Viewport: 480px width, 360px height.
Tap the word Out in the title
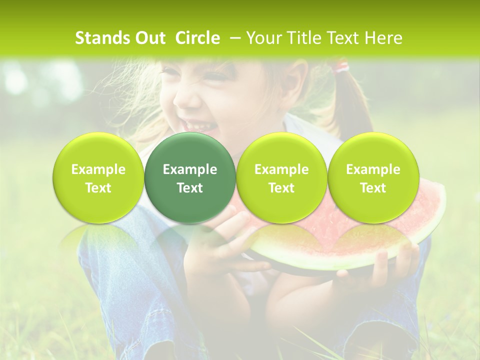149,38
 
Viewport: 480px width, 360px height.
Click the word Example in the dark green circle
190,169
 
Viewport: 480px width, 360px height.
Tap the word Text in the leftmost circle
98,188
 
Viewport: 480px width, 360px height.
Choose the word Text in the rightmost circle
373,188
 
